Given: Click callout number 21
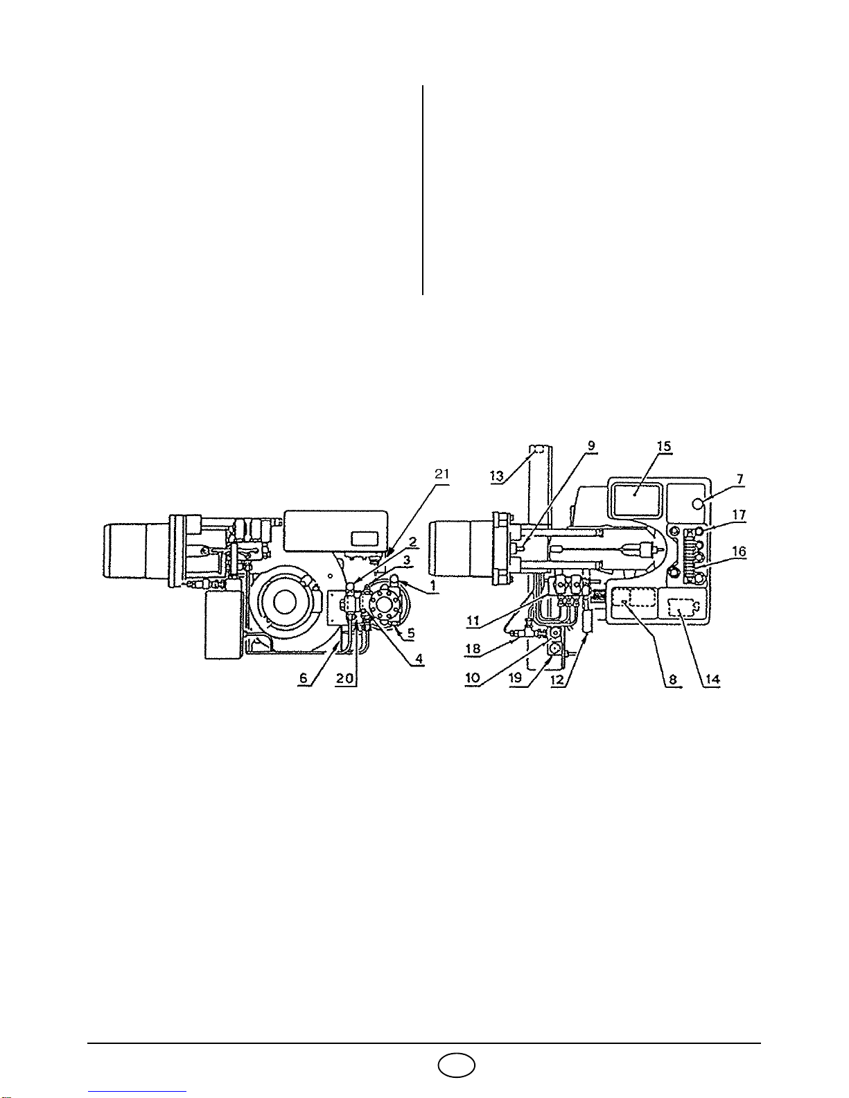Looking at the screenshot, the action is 441,474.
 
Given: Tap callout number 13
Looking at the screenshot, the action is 498,475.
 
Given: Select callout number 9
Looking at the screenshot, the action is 591,445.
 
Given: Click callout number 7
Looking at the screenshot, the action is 740,479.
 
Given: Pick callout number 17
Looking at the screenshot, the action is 739,515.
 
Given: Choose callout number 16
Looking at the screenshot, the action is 739,551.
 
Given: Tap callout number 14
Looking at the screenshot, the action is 712,680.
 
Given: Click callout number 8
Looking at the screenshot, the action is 673,680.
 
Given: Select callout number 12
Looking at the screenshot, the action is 557,680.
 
